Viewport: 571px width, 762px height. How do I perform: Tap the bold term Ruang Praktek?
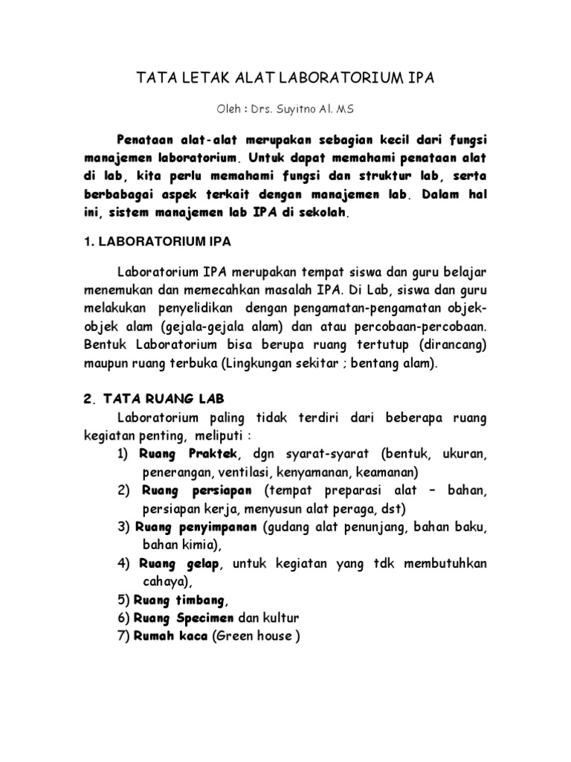pyautogui.click(x=190, y=453)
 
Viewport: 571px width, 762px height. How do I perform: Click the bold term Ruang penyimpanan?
pyautogui.click(x=197, y=528)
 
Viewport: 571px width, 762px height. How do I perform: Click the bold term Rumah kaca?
pyautogui.click(x=171, y=637)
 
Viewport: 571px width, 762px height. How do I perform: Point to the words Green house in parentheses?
pyautogui.click(x=256, y=637)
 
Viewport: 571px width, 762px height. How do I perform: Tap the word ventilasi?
pyautogui.click(x=243, y=472)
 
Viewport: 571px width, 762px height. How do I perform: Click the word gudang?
pyautogui.click(x=288, y=528)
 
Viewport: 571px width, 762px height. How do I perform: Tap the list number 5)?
pyautogui.click(x=124, y=601)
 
